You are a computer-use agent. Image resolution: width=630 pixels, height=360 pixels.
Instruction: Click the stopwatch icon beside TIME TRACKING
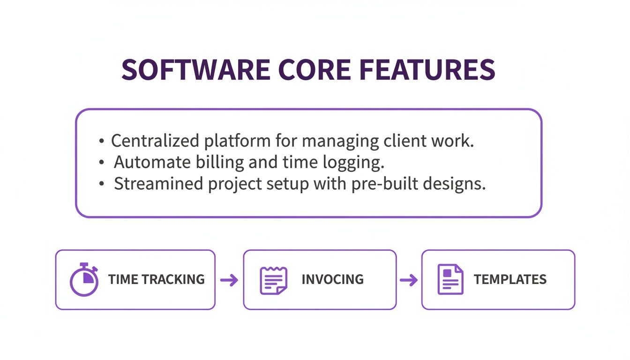tap(84, 280)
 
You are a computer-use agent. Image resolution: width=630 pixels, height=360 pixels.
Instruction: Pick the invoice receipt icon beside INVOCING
tap(273, 280)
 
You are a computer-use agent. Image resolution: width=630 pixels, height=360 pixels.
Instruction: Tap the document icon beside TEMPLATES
tap(450, 279)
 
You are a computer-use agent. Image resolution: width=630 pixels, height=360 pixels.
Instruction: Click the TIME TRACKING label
tap(156, 279)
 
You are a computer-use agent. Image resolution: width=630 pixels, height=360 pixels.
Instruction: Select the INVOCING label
tap(332, 279)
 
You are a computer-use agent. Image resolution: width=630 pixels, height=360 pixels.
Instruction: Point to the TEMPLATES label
tap(510, 279)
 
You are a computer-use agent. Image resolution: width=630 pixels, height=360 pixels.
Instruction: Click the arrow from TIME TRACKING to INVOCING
tap(229, 280)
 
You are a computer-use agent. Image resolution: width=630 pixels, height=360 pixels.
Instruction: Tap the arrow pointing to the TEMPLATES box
tap(408, 280)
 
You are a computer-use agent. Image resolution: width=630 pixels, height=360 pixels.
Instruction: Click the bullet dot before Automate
tap(102, 163)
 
